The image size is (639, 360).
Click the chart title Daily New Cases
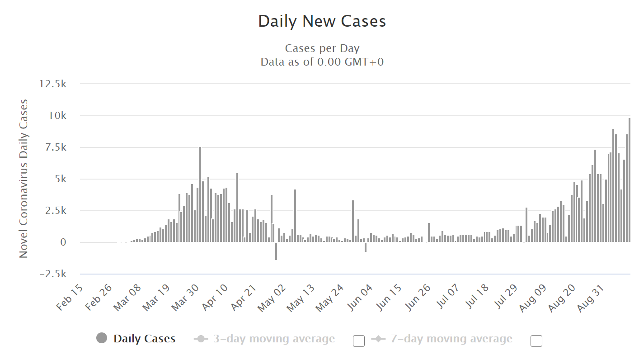click(x=322, y=21)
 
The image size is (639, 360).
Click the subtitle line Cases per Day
click(x=322, y=48)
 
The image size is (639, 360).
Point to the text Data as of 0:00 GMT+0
click(x=322, y=62)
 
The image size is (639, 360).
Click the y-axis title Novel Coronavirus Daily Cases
click(x=23, y=179)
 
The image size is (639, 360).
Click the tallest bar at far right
click(x=629, y=181)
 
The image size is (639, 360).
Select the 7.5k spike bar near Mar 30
click(x=200, y=194)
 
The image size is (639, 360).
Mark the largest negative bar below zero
click(x=276, y=251)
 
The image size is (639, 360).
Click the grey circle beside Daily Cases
click(x=102, y=338)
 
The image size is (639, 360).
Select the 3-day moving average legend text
click(x=274, y=339)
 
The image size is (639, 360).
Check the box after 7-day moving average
click(x=536, y=341)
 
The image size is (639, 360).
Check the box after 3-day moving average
click(x=359, y=341)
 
